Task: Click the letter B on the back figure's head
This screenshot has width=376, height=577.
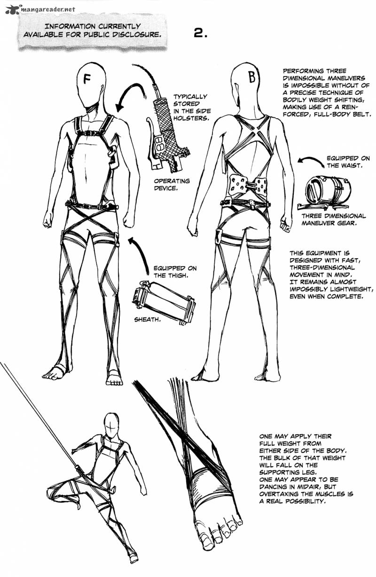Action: [x=252, y=77]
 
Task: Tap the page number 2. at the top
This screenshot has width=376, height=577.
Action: [x=200, y=33]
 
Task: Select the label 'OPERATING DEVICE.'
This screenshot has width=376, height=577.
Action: [x=172, y=185]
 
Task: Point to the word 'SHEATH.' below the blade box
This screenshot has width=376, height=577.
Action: [x=147, y=320]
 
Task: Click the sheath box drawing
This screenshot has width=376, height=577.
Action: [x=164, y=303]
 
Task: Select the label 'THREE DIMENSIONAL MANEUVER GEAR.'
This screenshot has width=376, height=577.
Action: [x=333, y=219]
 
